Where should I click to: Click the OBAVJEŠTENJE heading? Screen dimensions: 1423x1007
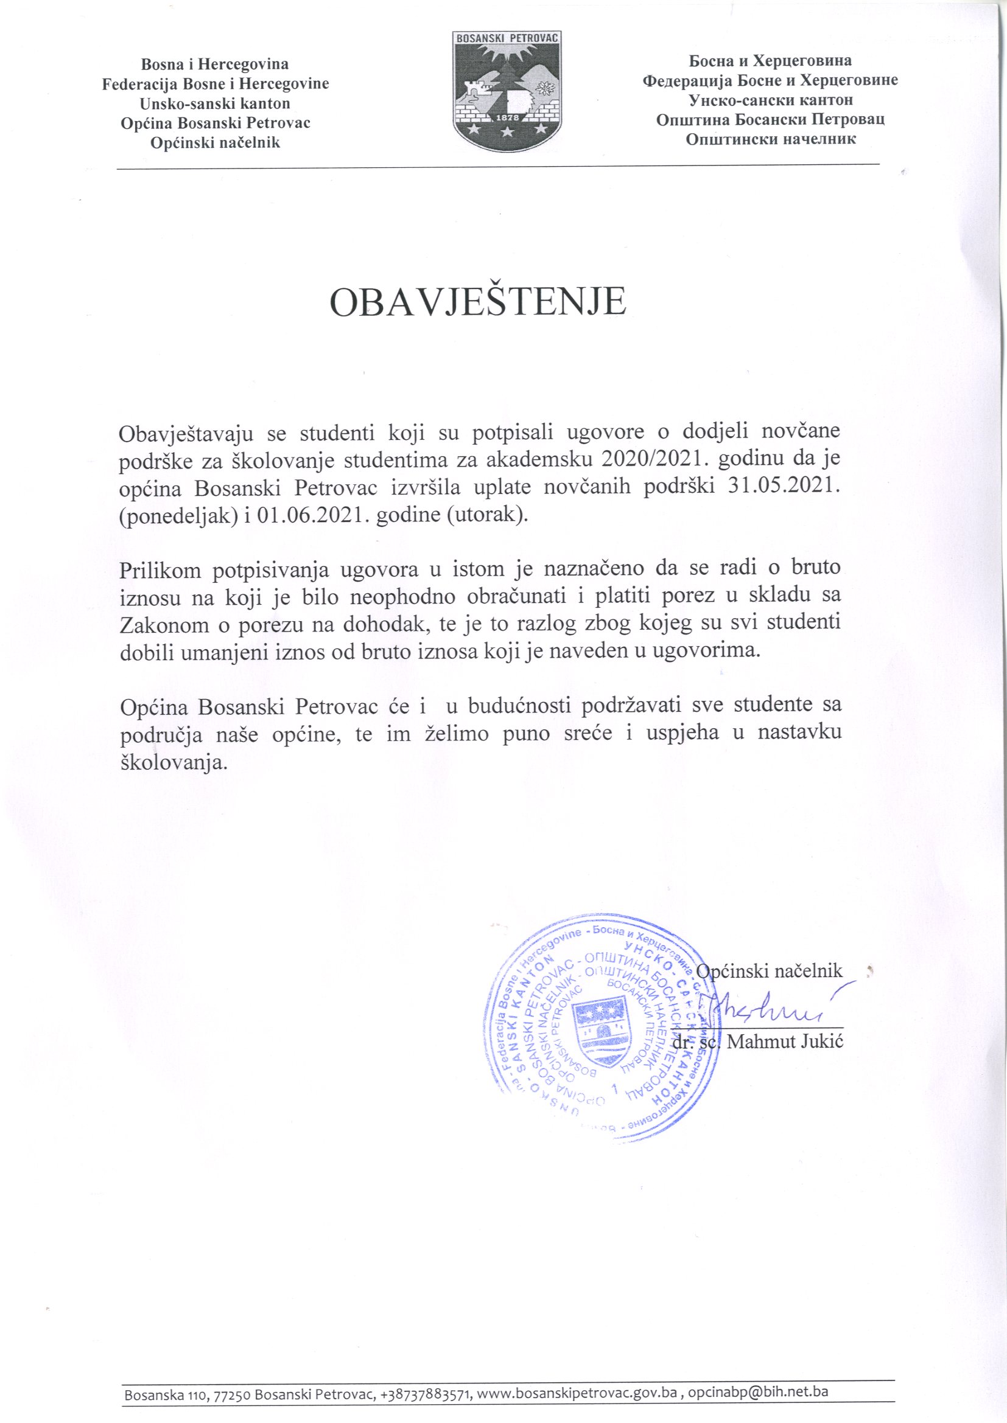click(477, 303)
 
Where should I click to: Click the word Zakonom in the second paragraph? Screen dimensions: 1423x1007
click(164, 624)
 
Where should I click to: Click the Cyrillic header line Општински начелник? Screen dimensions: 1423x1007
click(770, 139)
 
